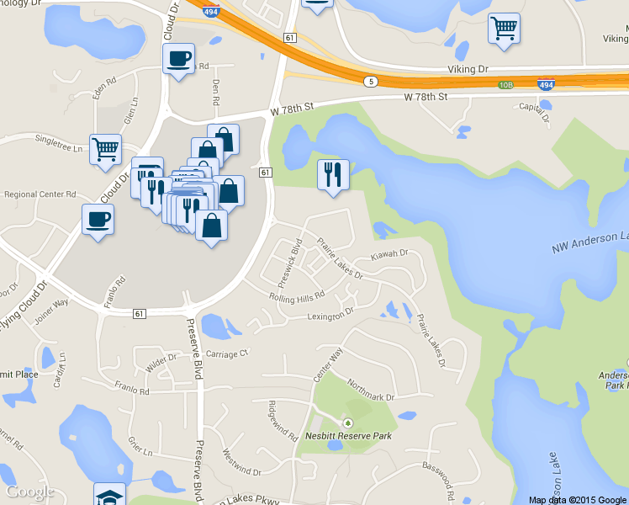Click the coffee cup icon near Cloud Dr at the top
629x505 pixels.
pos(178,59)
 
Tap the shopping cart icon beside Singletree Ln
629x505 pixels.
pos(105,150)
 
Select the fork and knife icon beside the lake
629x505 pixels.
pos(333,174)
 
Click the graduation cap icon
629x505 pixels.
pos(109,495)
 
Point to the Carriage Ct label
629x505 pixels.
pos(228,354)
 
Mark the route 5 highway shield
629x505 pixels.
pos(371,82)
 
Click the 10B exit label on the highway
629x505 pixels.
pos(505,85)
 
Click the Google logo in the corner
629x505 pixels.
pos(30,492)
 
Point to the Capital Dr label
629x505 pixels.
pos(533,106)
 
